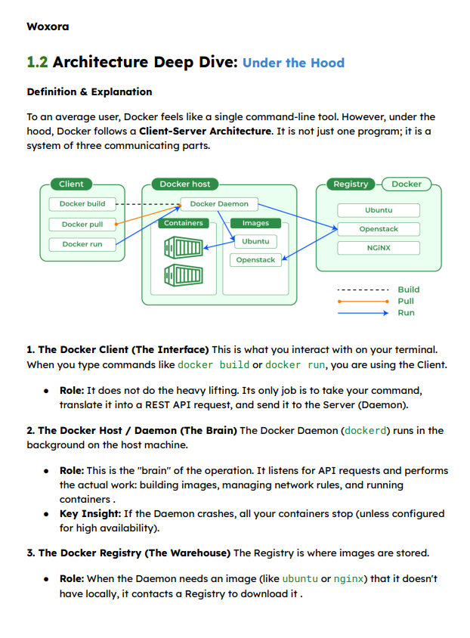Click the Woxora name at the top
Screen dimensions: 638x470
coord(48,26)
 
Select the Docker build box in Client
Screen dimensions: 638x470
coord(82,204)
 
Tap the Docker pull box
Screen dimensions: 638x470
coord(82,225)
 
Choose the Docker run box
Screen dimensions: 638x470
coord(82,244)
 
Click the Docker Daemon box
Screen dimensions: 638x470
coord(219,204)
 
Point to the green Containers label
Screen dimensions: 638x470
coord(184,223)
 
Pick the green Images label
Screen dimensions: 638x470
coord(255,223)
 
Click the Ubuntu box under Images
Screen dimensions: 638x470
coord(255,241)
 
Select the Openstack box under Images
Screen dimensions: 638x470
coord(255,260)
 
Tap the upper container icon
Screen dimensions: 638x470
coord(184,247)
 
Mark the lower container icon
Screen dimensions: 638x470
coord(184,274)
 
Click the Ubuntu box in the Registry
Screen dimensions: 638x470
coord(379,210)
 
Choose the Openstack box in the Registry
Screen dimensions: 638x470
coord(379,229)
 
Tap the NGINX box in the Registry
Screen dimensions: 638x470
coord(379,248)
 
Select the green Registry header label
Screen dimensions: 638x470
coord(351,184)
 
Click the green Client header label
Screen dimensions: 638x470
coord(72,184)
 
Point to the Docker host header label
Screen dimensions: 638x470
coord(185,184)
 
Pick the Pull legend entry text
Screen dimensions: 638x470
coord(406,301)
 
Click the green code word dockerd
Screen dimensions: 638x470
coord(366,431)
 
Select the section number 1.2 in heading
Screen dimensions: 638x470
coord(37,62)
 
